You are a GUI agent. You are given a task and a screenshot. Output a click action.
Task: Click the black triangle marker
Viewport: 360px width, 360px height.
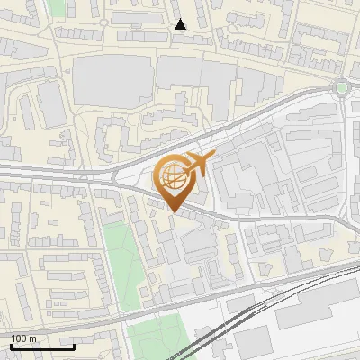tap(181, 25)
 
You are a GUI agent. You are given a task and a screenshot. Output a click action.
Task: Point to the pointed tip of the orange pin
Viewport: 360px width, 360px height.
tap(174, 211)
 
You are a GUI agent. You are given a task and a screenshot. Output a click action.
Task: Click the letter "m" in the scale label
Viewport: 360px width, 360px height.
tap(33, 338)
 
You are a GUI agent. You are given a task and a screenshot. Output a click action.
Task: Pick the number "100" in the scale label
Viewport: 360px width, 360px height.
tap(21, 338)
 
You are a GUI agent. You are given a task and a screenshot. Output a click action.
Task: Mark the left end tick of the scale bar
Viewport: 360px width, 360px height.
tap(11, 345)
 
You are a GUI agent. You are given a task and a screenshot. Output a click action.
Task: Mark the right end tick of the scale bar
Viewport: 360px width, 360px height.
tap(74, 345)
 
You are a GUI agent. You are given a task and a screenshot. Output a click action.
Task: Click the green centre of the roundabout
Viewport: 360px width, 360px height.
tap(341, 87)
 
